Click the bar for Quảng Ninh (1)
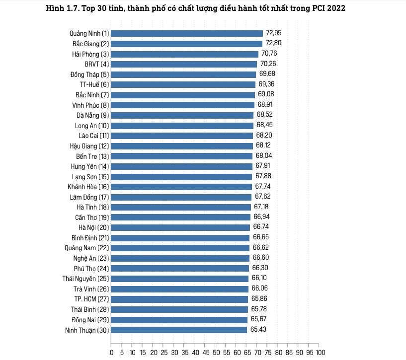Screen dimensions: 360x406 pyautogui.click(x=187, y=33)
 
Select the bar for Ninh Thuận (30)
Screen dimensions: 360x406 pyautogui.click(x=179, y=330)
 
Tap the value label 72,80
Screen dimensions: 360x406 pyautogui.click(x=274, y=44)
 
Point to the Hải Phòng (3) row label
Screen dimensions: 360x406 pyautogui.click(x=90, y=54)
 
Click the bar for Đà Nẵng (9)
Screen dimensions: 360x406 pyautogui.click(x=182, y=115)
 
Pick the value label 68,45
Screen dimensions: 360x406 pyautogui.click(x=265, y=125)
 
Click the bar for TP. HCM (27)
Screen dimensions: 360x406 pyautogui.click(x=179, y=299)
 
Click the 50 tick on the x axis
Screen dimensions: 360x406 pyautogui.click(x=214, y=353)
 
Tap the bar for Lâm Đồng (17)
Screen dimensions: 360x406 pyautogui.click(x=181, y=197)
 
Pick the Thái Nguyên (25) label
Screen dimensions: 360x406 pyautogui.click(x=85, y=279)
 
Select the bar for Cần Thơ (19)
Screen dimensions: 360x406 pyautogui.click(x=181, y=217)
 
